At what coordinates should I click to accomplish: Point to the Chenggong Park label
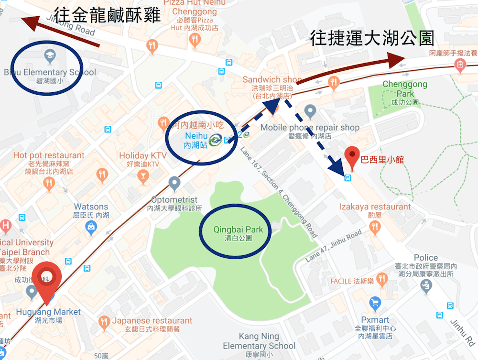point(404,89)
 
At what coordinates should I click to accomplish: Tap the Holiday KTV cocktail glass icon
point(142,178)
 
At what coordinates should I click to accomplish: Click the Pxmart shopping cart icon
point(375,303)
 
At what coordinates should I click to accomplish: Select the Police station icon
point(425,286)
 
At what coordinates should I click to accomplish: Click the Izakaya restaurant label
point(375,207)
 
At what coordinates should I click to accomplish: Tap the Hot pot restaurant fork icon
point(49,183)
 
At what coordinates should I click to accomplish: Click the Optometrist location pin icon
point(174,183)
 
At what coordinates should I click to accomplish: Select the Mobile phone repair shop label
point(310,128)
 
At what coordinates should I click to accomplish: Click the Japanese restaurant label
point(152,321)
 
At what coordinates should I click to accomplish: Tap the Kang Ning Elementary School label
point(259,340)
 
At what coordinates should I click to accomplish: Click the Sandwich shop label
point(272,79)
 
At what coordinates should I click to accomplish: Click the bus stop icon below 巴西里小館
point(348,178)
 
